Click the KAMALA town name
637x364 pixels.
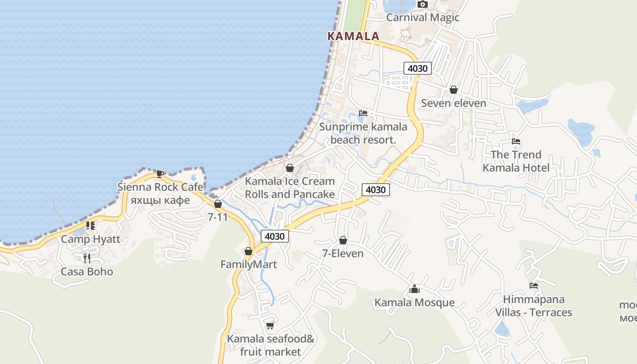point(353,36)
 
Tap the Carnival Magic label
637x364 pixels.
point(423,18)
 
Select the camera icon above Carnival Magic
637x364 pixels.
point(423,5)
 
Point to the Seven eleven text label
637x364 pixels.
point(454,103)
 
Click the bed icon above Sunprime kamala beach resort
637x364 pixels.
point(363,113)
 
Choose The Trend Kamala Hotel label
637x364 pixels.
point(516,161)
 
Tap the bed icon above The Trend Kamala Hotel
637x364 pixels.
point(516,141)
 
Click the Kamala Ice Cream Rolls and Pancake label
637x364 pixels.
point(290,187)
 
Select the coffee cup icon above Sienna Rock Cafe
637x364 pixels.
point(160,173)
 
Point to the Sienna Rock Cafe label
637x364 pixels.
point(160,187)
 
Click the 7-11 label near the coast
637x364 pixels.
point(217,217)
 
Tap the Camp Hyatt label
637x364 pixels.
point(91,239)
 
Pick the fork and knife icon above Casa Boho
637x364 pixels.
point(87,258)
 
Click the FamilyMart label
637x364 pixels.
point(248,264)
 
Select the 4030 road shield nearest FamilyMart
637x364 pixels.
point(275,236)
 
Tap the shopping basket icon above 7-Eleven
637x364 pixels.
point(343,240)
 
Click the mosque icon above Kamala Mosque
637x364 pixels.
point(414,289)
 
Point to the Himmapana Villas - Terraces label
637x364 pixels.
point(533,306)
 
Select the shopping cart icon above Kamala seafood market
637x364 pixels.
point(270,325)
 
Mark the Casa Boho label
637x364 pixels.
point(87,272)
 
